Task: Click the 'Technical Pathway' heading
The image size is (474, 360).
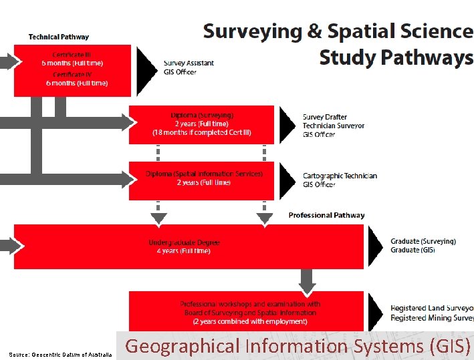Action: click(x=59, y=37)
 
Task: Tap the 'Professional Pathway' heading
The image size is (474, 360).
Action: click(x=326, y=215)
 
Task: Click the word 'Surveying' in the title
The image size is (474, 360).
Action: click(x=253, y=31)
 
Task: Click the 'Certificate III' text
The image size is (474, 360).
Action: click(x=72, y=55)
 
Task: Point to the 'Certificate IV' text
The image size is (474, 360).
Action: click(x=72, y=75)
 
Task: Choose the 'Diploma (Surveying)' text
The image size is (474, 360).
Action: click(x=201, y=116)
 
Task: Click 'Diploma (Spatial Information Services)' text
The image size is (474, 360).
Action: click(x=204, y=174)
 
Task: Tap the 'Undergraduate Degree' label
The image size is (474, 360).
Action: click(x=184, y=242)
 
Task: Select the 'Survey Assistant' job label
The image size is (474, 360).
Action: click(x=189, y=63)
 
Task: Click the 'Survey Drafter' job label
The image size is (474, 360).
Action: click(x=325, y=117)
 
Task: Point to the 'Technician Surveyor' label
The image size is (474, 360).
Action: click(x=334, y=126)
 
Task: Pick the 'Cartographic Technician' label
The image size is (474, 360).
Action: click(x=340, y=176)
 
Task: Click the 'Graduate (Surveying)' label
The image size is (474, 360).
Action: click(x=423, y=241)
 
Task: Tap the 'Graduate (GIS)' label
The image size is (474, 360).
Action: click(x=412, y=250)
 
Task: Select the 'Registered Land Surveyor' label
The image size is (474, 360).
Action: click(x=432, y=309)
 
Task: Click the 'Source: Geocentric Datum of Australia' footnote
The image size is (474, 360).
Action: click(x=60, y=354)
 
